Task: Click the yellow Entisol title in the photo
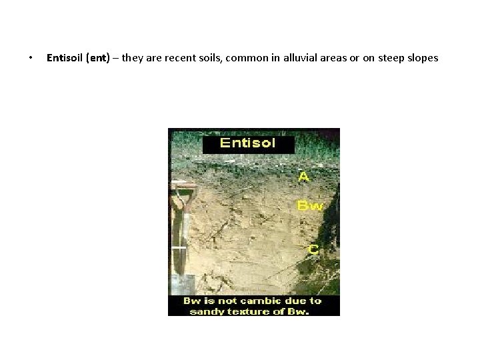coord(248,144)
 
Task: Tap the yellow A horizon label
coord(303,177)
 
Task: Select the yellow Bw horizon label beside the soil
coord(309,206)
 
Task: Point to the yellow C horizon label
coord(313,250)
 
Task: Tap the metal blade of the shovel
coord(181,283)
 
